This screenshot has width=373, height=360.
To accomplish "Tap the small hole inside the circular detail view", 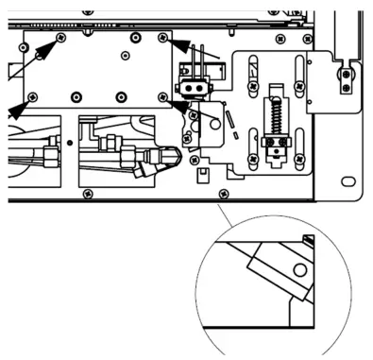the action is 300,271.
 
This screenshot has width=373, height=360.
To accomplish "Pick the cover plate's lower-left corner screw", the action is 32,95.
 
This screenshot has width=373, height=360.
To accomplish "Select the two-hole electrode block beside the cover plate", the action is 197,86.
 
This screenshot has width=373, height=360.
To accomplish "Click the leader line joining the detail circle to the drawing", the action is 227,209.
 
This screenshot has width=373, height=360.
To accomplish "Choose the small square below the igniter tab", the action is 199,173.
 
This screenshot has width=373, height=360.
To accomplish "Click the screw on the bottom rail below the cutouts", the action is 88,193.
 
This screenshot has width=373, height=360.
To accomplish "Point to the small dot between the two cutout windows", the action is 69,143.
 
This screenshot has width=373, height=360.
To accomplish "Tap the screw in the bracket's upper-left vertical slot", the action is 252,63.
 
